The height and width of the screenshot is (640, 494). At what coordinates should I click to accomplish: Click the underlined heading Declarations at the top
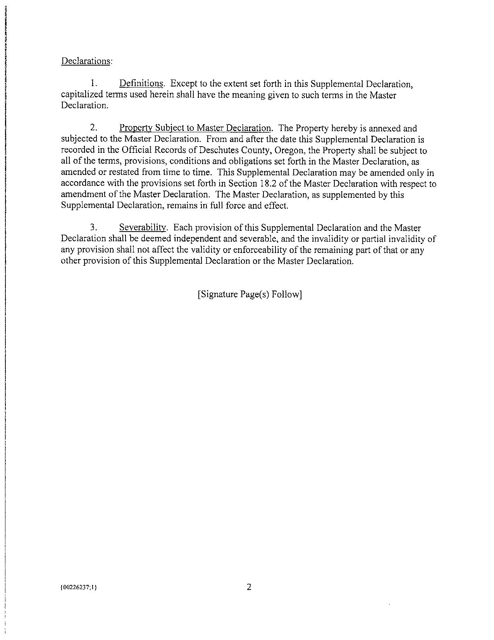pyautogui.click(x=86, y=61)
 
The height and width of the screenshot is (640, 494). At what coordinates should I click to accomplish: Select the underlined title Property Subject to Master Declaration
pyautogui.click(x=195, y=128)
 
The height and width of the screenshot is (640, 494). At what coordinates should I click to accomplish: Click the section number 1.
pyautogui.click(x=93, y=83)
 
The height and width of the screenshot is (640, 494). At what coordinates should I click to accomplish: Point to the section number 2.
pyautogui.click(x=93, y=128)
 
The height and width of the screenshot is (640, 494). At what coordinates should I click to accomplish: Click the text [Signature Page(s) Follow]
pyautogui.click(x=250, y=294)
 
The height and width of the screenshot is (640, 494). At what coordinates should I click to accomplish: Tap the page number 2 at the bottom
pyautogui.click(x=249, y=587)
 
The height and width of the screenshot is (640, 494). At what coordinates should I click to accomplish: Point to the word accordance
pyautogui.click(x=80, y=183)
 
